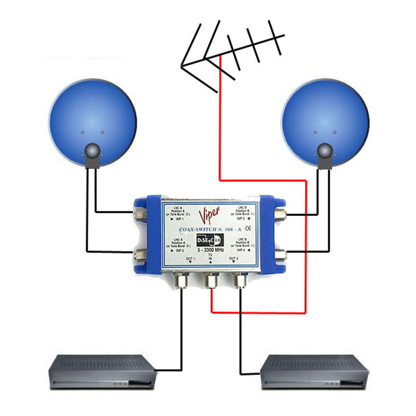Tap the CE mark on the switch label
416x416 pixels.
(248, 228)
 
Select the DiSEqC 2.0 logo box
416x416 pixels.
(210, 240)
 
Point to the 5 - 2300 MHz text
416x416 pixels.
(210, 250)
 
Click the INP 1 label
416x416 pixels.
(179, 219)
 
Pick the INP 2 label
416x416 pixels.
(179, 250)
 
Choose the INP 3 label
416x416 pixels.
(241, 219)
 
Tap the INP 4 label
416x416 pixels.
(241, 250)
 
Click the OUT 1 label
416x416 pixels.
(190, 259)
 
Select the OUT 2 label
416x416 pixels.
(234, 259)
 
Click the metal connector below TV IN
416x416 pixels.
(211, 280)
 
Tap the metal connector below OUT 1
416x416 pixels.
(181, 280)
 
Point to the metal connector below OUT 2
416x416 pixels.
(240, 280)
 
